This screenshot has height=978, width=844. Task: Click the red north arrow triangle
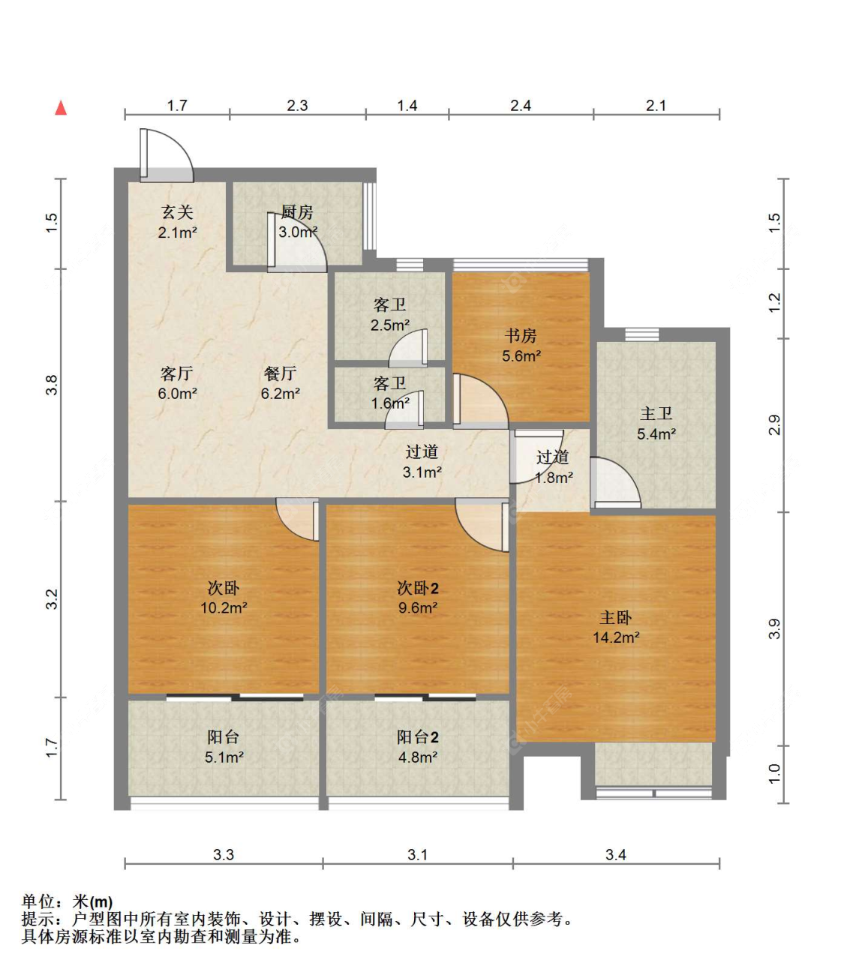click(x=61, y=108)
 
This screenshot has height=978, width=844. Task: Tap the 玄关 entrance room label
click(x=178, y=211)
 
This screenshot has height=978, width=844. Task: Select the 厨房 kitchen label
click(x=297, y=212)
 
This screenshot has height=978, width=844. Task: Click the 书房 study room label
click(x=521, y=335)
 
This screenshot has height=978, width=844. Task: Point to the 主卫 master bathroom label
click(x=656, y=413)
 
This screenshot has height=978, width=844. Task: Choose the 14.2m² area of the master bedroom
click(x=617, y=637)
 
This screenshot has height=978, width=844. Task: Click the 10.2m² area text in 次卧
click(x=224, y=607)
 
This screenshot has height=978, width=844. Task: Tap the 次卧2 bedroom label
click(x=418, y=588)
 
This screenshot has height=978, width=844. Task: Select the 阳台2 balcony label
click(x=418, y=736)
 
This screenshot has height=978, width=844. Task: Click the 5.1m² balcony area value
click(x=224, y=757)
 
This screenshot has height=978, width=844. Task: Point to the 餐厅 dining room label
click(x=281, y=373)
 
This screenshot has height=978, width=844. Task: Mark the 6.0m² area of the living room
click(x=177, y=393)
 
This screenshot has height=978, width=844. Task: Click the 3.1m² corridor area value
click(x=422, y=472)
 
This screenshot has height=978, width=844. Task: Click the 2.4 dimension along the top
click(x=521, y=106)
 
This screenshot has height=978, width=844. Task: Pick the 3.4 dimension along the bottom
click(x=615, y=854)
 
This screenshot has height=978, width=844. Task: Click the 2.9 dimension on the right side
click(x=774, y=424)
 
